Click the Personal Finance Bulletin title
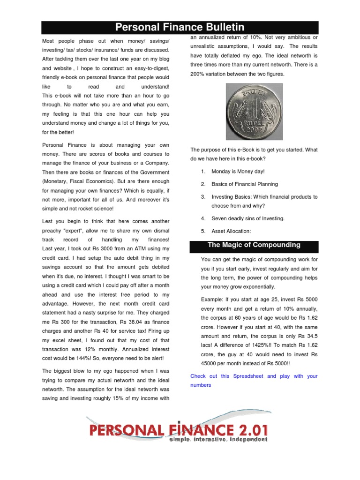[180, 27]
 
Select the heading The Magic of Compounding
[254, 245]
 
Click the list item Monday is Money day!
[238, 172]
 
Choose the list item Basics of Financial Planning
[244, 184]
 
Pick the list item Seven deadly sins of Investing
[248, 218]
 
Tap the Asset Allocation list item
[231, 231]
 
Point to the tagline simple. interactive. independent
[218, 440]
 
